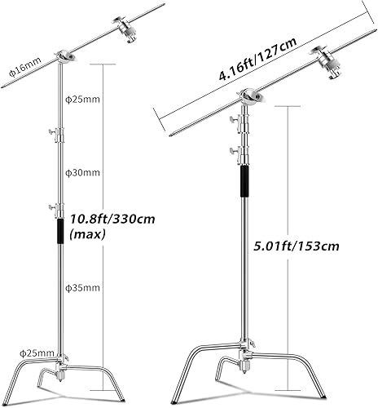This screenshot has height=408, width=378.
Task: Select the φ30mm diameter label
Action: tap(81, 172)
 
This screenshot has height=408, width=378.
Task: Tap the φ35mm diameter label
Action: tap(81, 288)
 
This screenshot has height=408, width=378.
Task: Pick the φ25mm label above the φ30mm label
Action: tap(81, 99)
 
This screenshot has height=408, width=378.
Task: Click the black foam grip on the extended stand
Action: tap(59, 228)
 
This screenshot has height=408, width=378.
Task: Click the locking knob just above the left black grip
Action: tap(55, 208)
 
